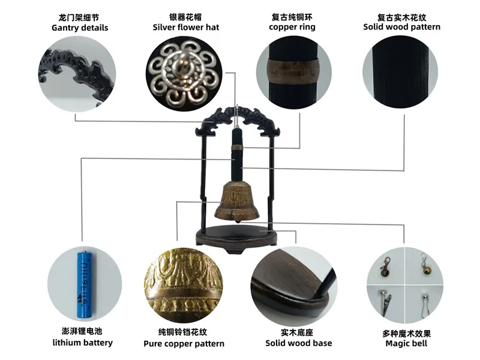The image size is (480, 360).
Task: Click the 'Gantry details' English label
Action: click(80, 28)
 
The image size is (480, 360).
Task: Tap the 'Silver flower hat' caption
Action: click(185, 27)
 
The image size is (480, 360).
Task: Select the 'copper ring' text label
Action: click(292, 27)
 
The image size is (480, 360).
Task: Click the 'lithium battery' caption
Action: click(83, 343)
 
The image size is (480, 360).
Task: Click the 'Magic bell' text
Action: click(406, 343)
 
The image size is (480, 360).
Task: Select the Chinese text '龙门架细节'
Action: click(80, 17)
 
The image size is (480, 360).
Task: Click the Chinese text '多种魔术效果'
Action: click(406, 333)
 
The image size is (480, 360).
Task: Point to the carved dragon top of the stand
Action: click(236, 114)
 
